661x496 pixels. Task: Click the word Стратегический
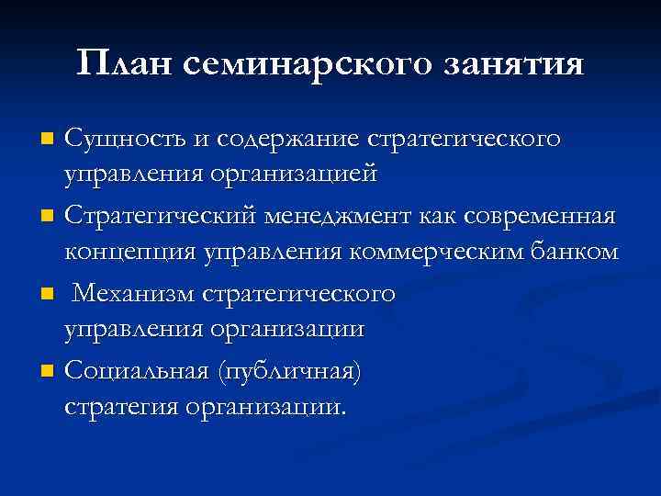click(160, 218)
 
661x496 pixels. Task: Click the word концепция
click(120, 250)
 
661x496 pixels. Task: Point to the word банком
click(576, 250)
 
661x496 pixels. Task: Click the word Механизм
click(129, 295)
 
